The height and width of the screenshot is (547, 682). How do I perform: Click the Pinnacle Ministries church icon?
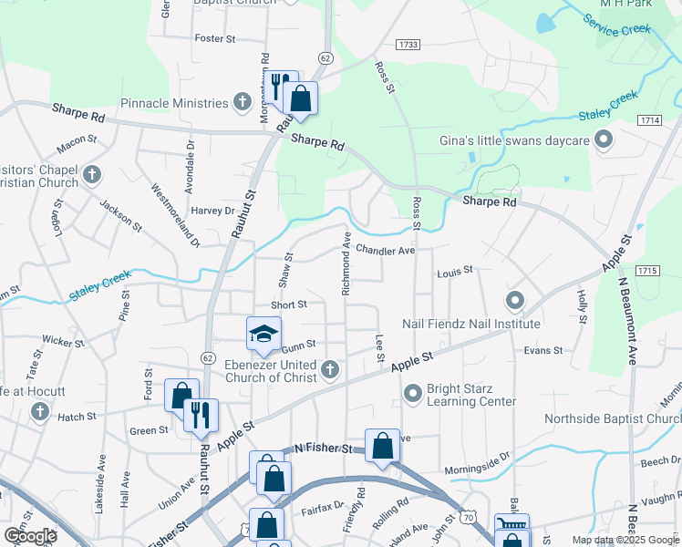[243, 100]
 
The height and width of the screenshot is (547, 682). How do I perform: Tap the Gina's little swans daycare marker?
[603, 140]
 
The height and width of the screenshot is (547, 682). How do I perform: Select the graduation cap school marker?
[263, 335]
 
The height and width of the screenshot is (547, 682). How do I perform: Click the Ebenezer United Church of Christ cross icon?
[330, 369]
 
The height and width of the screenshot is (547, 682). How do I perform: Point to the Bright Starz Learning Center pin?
[412, 393]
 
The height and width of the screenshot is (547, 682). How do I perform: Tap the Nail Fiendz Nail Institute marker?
[515, 300]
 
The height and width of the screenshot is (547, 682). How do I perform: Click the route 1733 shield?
[408, 44]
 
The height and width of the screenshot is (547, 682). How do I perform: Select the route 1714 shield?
[650, 119]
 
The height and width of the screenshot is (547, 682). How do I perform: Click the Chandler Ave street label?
[385, 250]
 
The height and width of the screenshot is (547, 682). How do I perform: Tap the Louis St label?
[455, 271]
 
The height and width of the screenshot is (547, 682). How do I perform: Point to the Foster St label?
[215, 39]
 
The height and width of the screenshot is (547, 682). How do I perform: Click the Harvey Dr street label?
[212, 211]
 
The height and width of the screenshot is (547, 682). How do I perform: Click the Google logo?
[30, 535]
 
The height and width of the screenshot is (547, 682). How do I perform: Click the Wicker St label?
[63, 342]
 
